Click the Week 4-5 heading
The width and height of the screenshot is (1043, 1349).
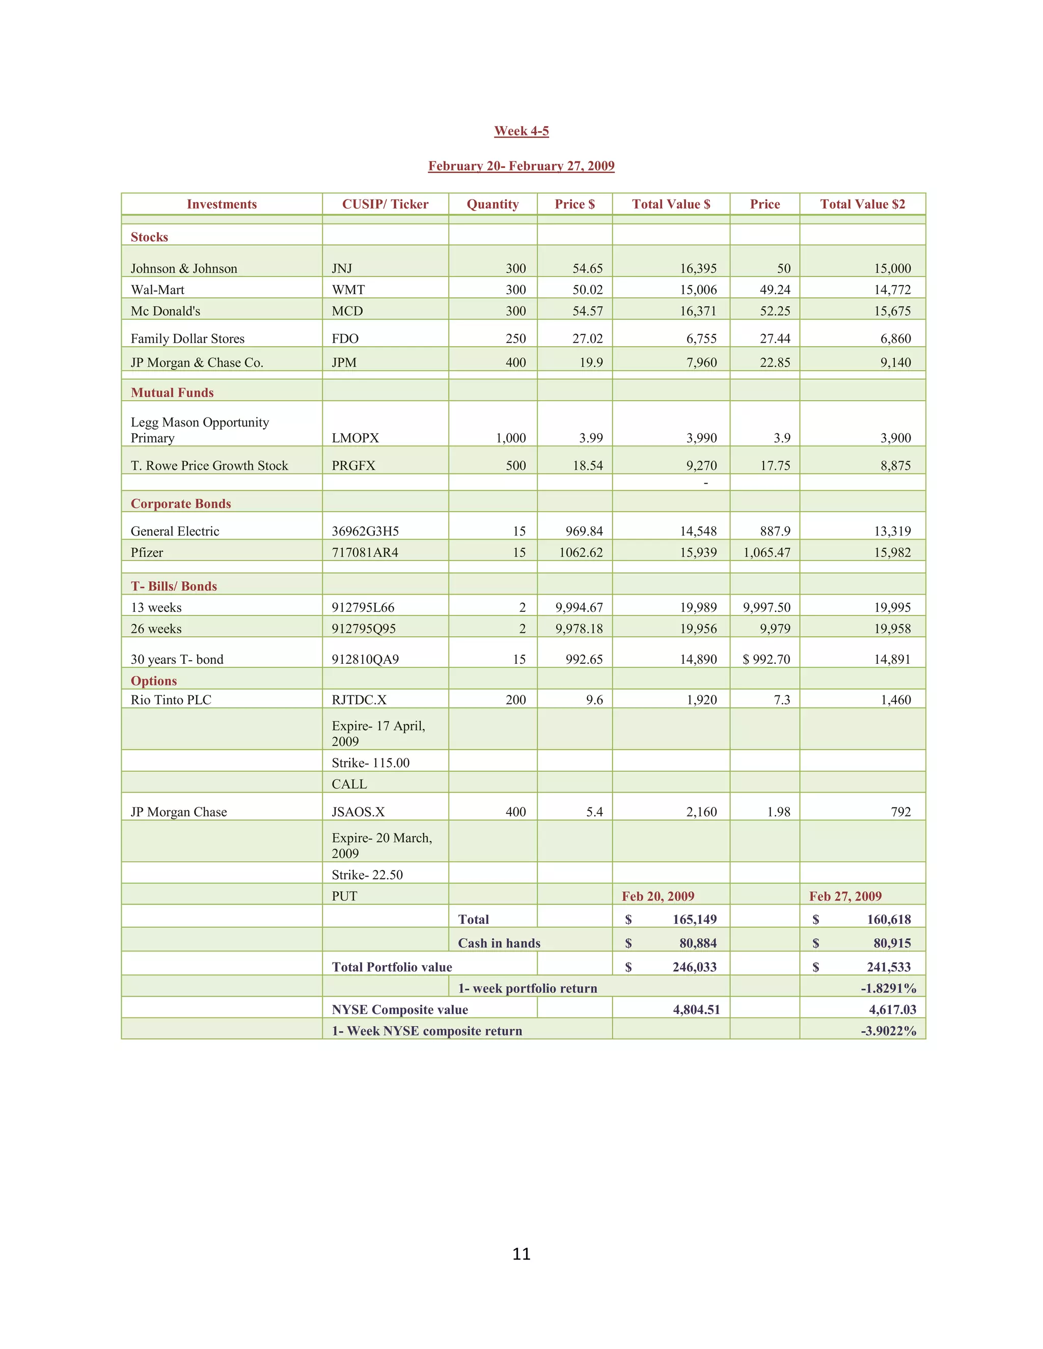click(x=521, y=131)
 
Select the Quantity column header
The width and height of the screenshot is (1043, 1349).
click(x=492, y=205)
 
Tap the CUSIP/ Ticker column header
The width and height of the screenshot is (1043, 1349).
click(x=385, y=205)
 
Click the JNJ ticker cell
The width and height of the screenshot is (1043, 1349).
click(x=342, y=269)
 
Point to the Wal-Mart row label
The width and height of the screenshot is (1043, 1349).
click(x=157, y=290)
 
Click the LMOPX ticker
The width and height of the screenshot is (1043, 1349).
click(x=355, y=438)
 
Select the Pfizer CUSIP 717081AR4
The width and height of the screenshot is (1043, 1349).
click(x=365, y=553)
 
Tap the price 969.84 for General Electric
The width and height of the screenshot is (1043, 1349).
click(x=584, y=531)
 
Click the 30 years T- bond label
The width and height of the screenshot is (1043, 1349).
click(x=177, y=660)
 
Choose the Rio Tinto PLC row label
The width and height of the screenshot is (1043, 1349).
click(x=171, y=700)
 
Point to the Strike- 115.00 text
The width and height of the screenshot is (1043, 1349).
click(x=370, y=763)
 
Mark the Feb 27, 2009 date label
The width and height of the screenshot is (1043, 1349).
click(x=845, y=896)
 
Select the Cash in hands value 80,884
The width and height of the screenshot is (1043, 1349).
click(x=698, y=943)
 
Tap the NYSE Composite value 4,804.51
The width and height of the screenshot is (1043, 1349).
click(x=696, y=1010)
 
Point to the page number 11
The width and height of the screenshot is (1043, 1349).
click(x=521, y=1254)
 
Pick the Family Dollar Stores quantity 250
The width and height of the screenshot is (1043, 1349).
click(x=515, y=339)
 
